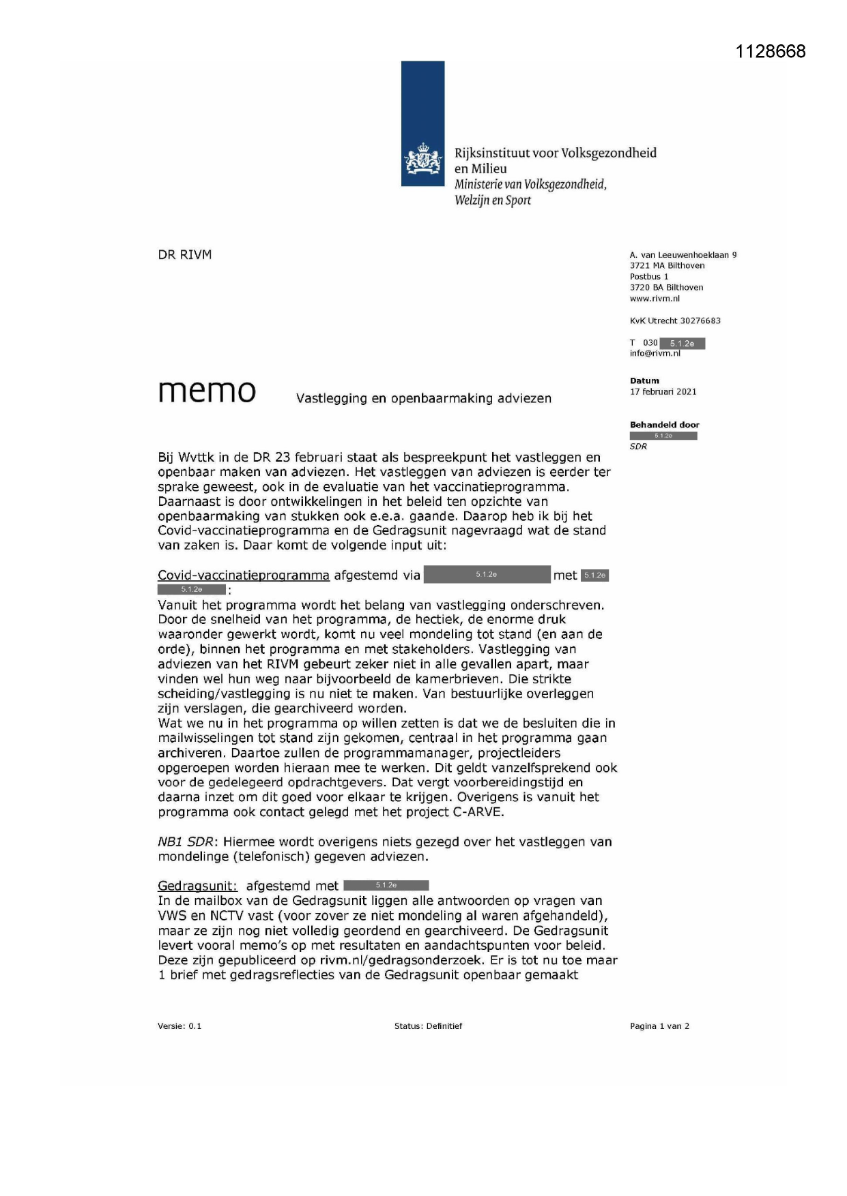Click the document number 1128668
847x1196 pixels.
click(x=771, y=52)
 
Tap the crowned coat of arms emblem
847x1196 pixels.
click(x=422, y=161)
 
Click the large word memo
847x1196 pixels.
click(x=207, y=391)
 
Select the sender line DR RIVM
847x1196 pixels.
click(x=185, y=255)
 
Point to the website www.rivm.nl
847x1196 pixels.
click(x=655, y=299)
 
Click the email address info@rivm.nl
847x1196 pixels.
click(x=655, y=353)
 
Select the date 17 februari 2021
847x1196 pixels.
click(x=663, y=391)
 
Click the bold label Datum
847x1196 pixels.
click(x=644, y=380)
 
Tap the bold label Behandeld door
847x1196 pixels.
click(x=664, y=425)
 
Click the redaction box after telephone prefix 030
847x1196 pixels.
click(x=682, y=344)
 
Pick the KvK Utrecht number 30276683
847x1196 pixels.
click(x=700, y=320)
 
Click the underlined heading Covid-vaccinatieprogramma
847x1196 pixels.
click(x=244, y=575)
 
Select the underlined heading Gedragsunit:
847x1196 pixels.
click(x=197, y=886)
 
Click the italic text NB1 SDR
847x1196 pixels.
click(x=186, y=842)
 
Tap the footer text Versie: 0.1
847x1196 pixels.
click(x=180, y=1026)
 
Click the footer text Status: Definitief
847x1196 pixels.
click(x=428, y=1026)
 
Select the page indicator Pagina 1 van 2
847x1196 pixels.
click(x=659, y=1026)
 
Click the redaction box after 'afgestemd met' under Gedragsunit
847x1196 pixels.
click(x=386, y=886)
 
